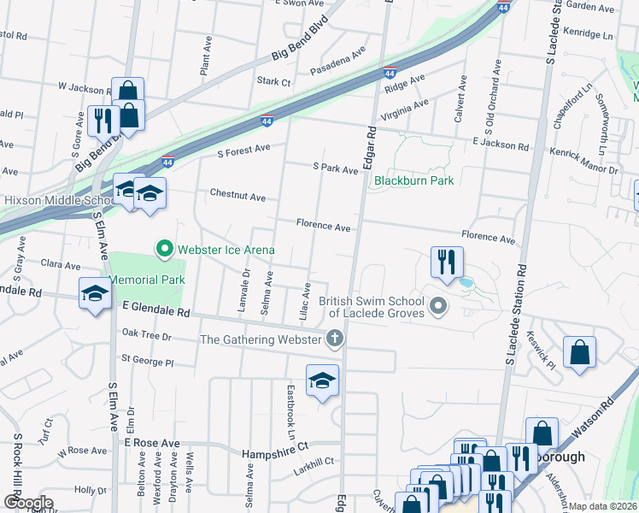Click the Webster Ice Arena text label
point(226,250)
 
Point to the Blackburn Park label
point(413,180)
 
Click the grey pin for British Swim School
point(438,305)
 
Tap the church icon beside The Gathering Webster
point(334,339)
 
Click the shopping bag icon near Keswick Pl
point(579,353)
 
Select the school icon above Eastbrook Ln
point(323,381)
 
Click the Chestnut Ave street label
point(237,196)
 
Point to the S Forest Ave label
point(243,150)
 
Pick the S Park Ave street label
point(336,169)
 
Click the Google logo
point(28,503)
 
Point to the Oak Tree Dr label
point(147,335)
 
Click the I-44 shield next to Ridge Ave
point(390,72)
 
